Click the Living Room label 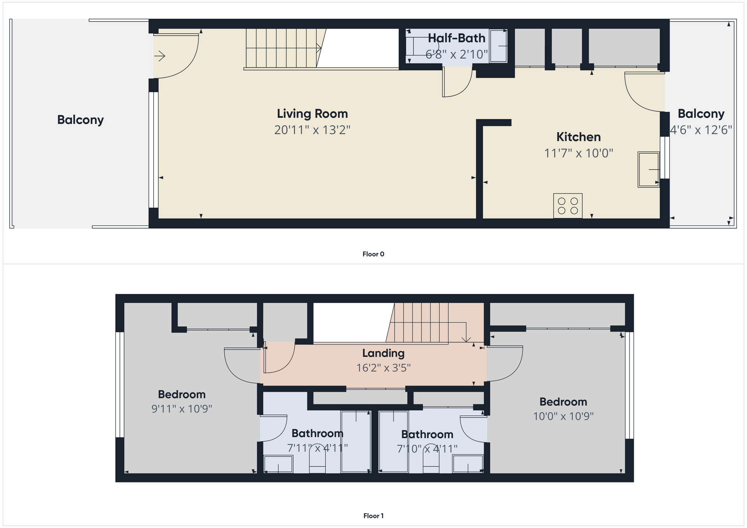coord(312,114)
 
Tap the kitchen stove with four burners coord(568,206)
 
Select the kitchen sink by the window coord(649,170)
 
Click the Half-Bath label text coord(456,38)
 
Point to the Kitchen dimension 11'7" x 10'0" coord(579,153)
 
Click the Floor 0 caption coord(373,254)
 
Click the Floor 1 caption coord(373,516)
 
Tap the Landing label coord(383,353)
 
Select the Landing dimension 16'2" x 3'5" coord(384,368)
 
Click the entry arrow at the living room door coord(160,56)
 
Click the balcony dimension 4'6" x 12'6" coord(701,130)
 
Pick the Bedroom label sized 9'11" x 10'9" coord(182,394)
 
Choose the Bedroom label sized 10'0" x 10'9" coord(563,402)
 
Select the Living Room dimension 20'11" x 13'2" coord(312,130)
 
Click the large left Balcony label coord(81,120)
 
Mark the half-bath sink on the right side coord(498,46)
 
